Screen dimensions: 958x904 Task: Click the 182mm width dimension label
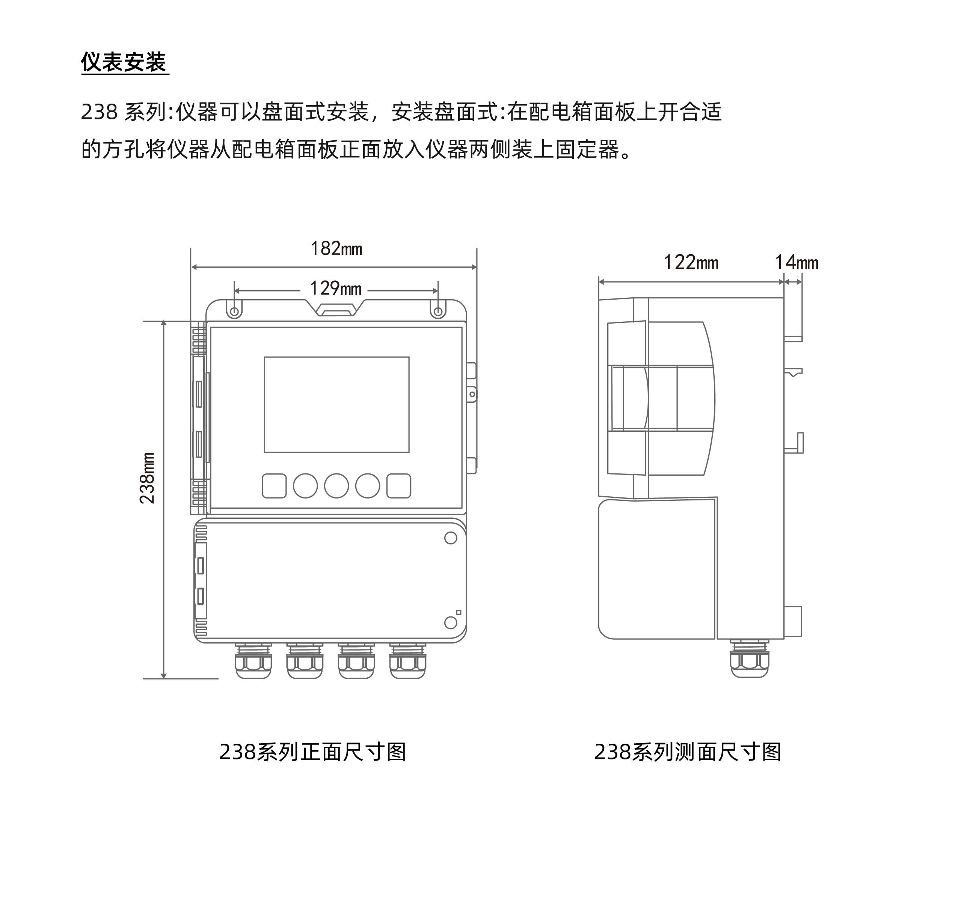tap(336, 249)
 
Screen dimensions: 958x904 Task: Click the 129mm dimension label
tap(336, 289)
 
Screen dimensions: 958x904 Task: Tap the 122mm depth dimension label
tap(691, 263)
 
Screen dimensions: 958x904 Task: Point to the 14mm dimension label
tap(797, 263)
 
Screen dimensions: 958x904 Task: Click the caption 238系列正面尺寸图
tap(312, 751)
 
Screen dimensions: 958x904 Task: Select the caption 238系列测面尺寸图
tap(688, 751)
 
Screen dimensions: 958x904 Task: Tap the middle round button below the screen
tap(336, 486)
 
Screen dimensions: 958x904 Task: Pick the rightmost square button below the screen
tap(399, 486)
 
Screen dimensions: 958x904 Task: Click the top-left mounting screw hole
tap(234, 312)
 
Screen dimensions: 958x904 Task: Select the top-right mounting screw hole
tap(438, 312)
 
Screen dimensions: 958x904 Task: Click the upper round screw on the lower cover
tap(451, 538)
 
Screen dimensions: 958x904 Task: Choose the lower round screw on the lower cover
tap(451, 622)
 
